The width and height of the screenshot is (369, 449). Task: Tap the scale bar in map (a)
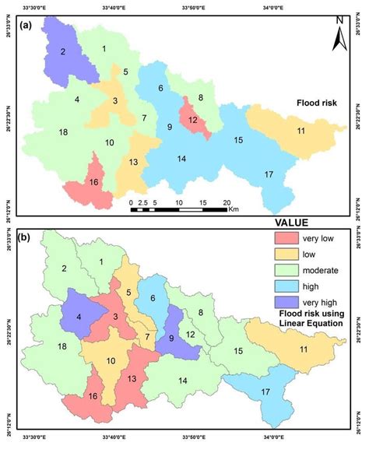point(178,208)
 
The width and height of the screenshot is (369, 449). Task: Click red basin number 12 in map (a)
point(193,119)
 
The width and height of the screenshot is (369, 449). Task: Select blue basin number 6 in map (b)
point(153,300)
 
